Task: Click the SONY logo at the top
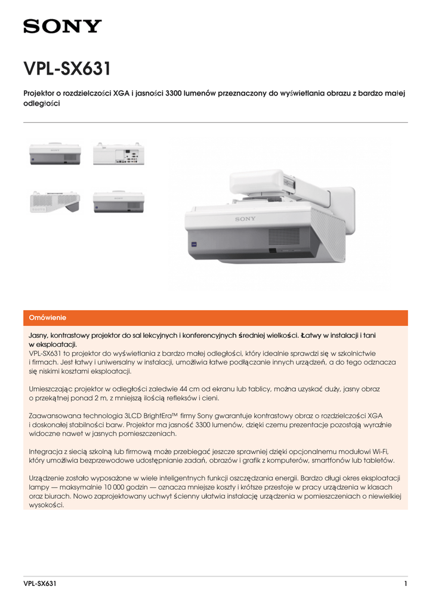[x=63, y=26]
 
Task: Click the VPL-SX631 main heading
[x=67, y=69]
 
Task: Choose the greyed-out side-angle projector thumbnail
[x=55, y=202]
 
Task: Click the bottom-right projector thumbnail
[x=118, y=202]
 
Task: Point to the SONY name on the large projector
[x=245, y=219]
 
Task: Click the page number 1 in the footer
[x=405, y=584]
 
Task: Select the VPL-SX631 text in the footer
[x=40, y=584]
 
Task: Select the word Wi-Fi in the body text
[x=387, y=451]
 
